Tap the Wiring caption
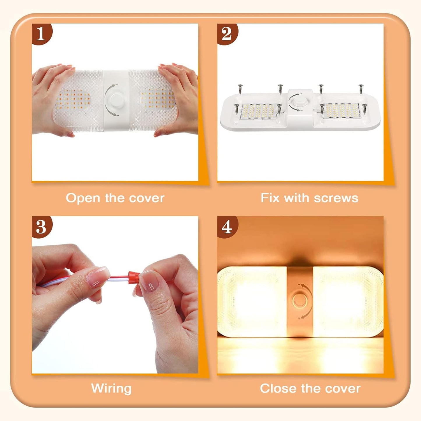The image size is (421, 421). point(111,388)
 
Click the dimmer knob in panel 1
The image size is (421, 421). point(115,100)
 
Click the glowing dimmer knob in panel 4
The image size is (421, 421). point(300,300)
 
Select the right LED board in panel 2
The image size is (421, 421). point(343,111)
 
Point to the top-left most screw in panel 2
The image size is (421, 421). point(240,89)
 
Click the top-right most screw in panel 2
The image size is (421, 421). point(361,89)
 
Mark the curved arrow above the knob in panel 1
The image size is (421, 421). point(111,88)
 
